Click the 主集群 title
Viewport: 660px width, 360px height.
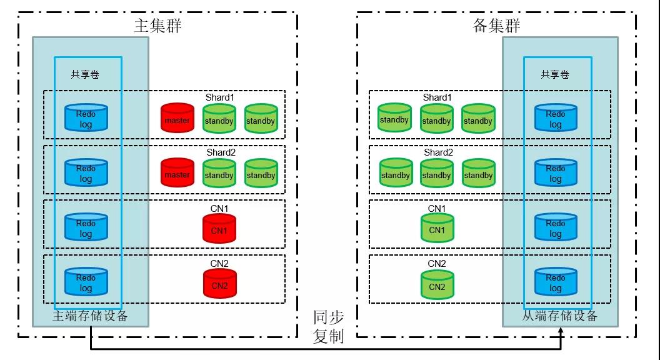click(x=158, y=26)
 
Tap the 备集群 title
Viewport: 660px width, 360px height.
click(x=497, y=26)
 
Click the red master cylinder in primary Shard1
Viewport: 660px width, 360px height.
click(x=177, y=118)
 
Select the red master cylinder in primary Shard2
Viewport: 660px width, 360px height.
click(x=177, y=172)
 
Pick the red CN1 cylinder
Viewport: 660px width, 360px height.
click(x=219, y=228)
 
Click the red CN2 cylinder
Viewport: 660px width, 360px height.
click(x=220, y=283)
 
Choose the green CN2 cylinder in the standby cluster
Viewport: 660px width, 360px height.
click(x=437, y=284)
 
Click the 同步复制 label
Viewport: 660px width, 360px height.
click(x=328, y=327)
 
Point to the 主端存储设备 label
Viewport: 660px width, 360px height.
click(x=90, y=316)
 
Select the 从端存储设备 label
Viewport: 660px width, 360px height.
click(x=559, y=316)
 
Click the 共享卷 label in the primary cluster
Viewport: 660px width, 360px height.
click(x=85, y=74)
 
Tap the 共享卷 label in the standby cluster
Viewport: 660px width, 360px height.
click(x=555, y=74)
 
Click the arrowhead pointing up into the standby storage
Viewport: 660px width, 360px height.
click(x=561, y=332)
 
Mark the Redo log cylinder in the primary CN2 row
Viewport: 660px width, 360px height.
click(x=86, y=282)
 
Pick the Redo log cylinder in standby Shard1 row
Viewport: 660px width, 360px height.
click(x=556, y=118)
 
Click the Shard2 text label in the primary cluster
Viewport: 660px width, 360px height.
click(x=221, y=152)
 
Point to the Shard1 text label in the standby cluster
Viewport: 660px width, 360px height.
click(x=437, y=97)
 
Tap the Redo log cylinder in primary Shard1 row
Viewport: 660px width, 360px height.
click(x=86, y=118)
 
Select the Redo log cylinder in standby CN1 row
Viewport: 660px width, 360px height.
click(x=556, y=227)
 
